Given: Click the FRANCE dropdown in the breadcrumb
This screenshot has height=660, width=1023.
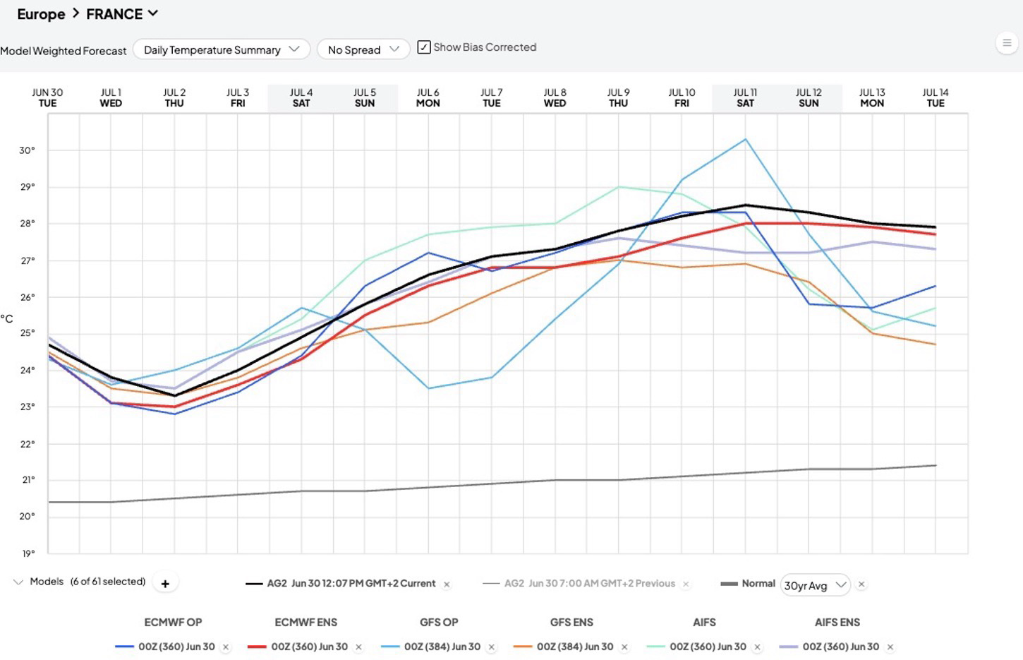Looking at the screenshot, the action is tap(122, 14).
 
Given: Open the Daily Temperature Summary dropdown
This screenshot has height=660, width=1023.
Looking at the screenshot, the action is tap(222, 49).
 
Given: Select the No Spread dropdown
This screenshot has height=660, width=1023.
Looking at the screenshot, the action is tap(363, 49).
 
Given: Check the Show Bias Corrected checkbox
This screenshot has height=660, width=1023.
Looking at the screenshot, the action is tap(424, 47).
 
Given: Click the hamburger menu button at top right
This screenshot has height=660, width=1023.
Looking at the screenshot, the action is tap(1007, 44).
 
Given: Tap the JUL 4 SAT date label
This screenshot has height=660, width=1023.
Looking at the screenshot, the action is tap(301, 98).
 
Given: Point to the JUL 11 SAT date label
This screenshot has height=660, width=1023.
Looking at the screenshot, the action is tap(745, 98).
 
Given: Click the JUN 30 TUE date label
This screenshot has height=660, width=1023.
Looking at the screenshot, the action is tap(47, 98).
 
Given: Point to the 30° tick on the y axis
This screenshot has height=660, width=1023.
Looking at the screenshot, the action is tap(27, 150).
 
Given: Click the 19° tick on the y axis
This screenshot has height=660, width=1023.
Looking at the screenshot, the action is tap(28, 554).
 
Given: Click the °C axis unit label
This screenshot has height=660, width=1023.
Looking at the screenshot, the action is tap(7, 318).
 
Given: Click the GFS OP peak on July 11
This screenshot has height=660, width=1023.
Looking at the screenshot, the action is tap(745, 139).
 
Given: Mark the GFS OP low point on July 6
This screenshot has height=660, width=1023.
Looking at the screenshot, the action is tap(428, 388).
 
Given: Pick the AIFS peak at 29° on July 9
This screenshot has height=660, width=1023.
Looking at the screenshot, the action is tap(618, 186).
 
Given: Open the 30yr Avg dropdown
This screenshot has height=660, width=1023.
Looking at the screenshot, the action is tap(815, 585).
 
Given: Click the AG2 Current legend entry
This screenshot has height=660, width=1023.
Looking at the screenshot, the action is tap(340, 584).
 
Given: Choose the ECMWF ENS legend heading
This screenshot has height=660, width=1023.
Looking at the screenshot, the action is tap(306, 623).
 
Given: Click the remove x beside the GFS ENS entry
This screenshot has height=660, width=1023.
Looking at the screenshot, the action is tap(624, 647).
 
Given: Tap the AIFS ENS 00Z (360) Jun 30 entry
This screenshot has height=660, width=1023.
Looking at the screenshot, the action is tap(830, 647).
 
